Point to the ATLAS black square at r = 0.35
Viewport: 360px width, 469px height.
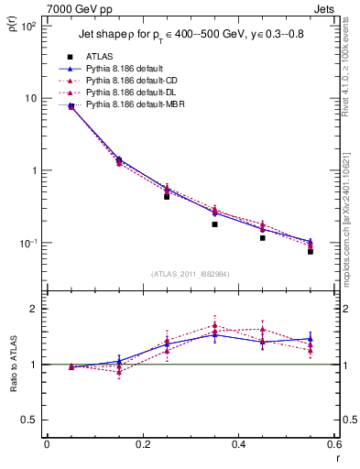214,224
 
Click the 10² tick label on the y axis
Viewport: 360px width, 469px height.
26,27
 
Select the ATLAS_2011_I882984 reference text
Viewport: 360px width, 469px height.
191,274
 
